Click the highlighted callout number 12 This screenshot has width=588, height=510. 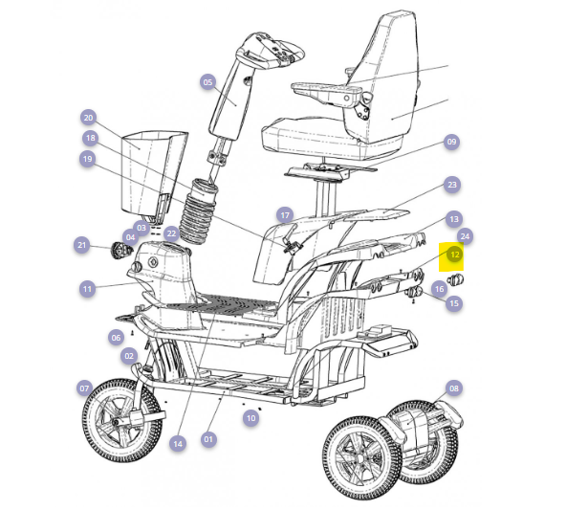click(x=454, y=255)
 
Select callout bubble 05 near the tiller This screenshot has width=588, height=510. click(x=207, y=82)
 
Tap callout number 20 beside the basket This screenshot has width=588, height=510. click(x=88, y=118)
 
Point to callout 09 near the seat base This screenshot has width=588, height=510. click(x=451, y=142)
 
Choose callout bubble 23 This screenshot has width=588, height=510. click(x=452, y=185)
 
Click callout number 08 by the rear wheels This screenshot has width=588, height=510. click(x=454, y=388)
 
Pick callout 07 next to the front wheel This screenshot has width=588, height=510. click(x=84, y=388)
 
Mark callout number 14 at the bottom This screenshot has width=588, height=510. click(x=178, y=444)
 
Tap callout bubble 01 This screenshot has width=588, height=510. click(x=208, y=439)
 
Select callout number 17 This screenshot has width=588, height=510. click(x=285, y=215)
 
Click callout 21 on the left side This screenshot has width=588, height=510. click(x=82, y=245)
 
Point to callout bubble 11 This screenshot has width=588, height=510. click(x=87, y=289)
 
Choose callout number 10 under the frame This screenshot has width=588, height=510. click(x=250, y=418)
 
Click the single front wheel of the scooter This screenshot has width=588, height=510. click(x=122, y=420)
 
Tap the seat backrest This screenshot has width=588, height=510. click(x=386, y=75)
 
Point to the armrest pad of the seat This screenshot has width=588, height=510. click(x=326, y=89)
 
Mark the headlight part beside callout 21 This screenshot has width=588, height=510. click(x=120, y=250)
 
